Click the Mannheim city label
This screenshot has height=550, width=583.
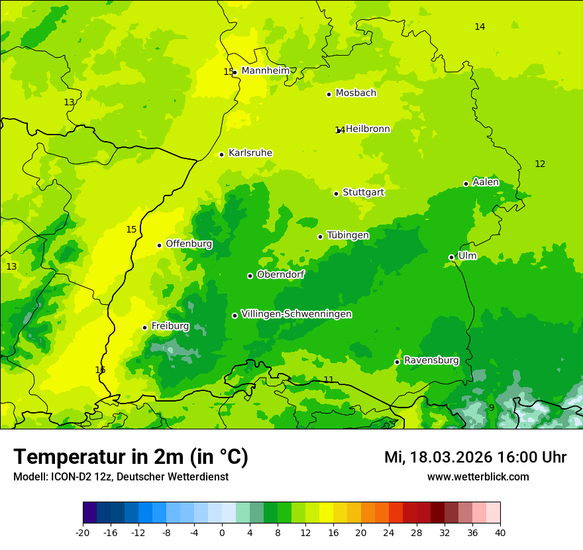click(x=266, y=71)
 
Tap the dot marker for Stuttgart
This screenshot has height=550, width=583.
click(x=337, y=193)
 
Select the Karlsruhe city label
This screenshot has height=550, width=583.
click(x=250, y=153)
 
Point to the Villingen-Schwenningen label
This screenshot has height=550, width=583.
click(x=296, y=314)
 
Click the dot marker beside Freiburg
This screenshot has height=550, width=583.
click(x=145, y=327)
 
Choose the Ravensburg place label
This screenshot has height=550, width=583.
click(x=431, y=360)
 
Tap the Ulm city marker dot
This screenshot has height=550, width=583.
click(x=452, y=257)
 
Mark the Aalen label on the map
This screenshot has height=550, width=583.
click(x=486, y=182)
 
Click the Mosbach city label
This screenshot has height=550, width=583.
click(x=356, y=93)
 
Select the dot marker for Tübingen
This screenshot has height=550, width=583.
click(x=321, y=237)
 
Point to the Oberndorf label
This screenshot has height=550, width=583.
click(x=281, y=274)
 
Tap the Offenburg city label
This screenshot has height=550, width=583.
click(x=189, y=244)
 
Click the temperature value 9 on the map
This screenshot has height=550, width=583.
click(x=492, y=408)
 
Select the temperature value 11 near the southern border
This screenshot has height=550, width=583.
click(x=329, y=380)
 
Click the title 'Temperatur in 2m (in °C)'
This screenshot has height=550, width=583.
click(x=131, y=457)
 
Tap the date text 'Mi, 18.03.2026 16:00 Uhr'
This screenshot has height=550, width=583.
click(x=475, y=457)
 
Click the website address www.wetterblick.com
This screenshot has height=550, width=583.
click(x=478, y=476)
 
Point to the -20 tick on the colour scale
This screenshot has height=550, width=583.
click(x=83, y=532)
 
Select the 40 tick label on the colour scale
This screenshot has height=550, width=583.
click(x=500, y=532)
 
